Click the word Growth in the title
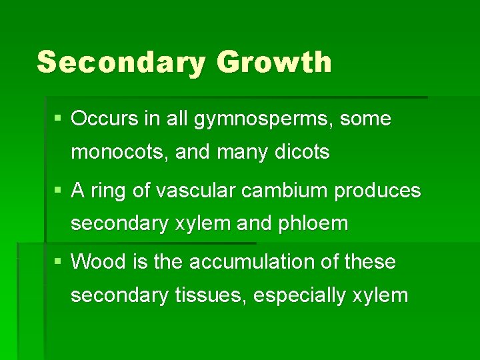pos(274,62)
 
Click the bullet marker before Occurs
pos(59,119)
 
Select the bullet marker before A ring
pos(59,191)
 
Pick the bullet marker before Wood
pos(59,262)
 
